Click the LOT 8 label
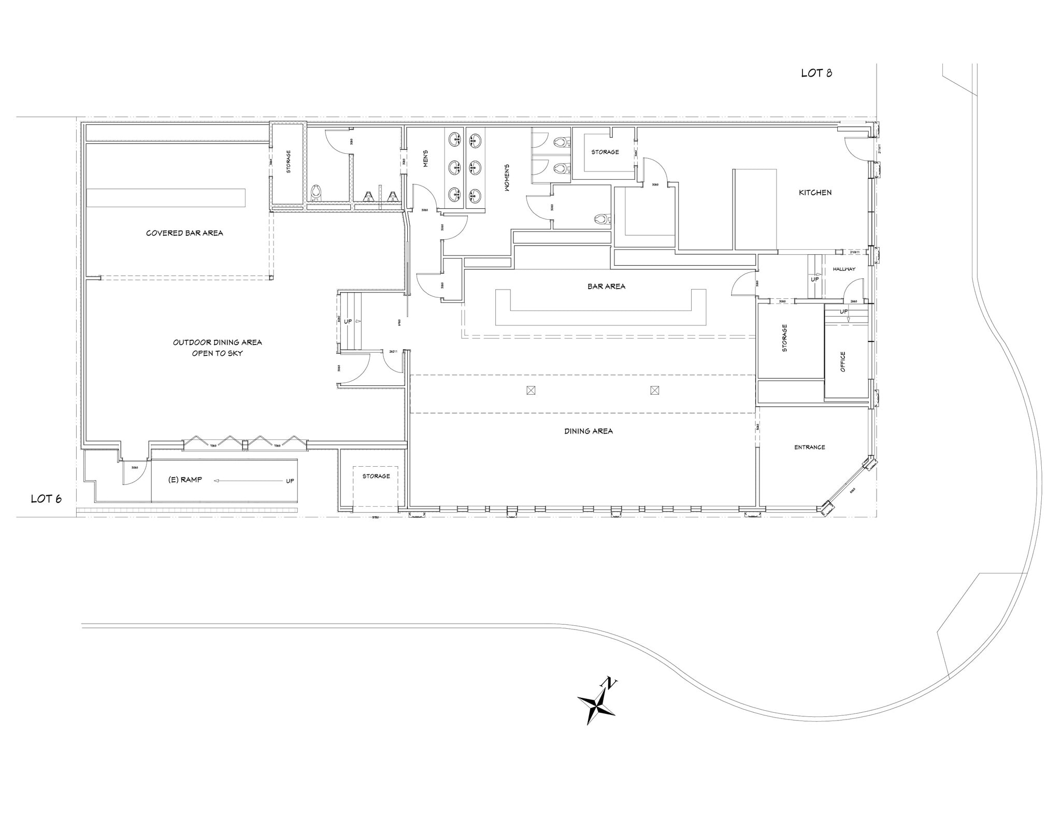coord(816,73)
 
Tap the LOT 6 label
coord(46,499)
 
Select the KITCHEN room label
coord(815,192)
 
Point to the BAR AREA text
coord(606,286)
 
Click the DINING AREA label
coord(589,431)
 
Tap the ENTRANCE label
coord(809,447)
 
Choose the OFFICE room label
coord(842,362)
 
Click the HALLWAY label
coord(844,269)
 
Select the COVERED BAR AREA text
coord(184,233)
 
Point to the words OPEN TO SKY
coord(217,353)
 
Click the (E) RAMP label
coord(185,480)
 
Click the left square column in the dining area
coord(530,390)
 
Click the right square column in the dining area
coord(654,390)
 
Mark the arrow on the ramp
coord(249,481)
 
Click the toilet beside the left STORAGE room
coord(316,193)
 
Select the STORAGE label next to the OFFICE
coord(784,338)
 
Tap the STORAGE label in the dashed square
coord(376,476)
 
